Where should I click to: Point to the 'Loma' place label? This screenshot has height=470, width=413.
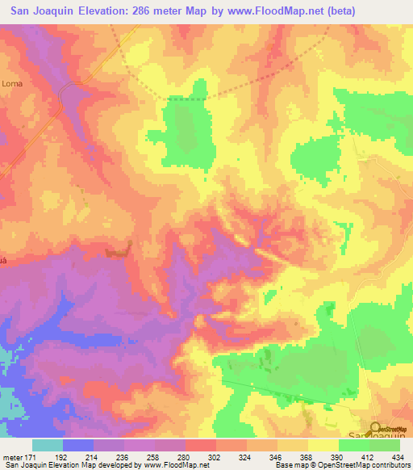[x=12, y=83]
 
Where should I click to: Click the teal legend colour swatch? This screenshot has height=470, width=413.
[x=48, y=445]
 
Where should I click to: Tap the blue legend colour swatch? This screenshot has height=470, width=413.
[x=78, y=445]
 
